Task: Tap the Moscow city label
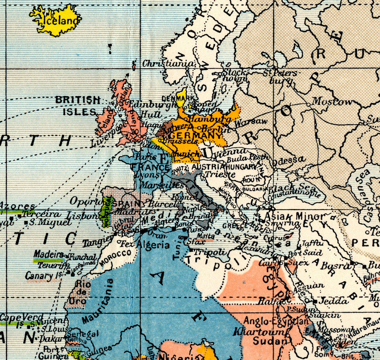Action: pyautogui.click(x=332, y=102)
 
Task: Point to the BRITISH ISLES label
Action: pyautogui.click(x=78, y=106)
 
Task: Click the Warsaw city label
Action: pyautogui.click(x=251, y=123)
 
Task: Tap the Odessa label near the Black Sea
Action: pyautogui.click(x=289, y=160)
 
